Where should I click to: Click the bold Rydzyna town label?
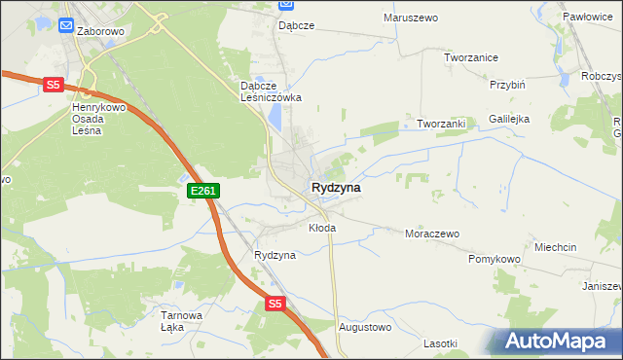click(337, 187)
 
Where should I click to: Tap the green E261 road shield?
click(202, 192)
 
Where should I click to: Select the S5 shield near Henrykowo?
click(53, 86)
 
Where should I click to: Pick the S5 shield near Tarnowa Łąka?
click(275, 305)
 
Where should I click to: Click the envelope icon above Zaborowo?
click(65, 25)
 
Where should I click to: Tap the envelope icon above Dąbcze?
click(286, 5)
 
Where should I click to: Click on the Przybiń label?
click(508, 85)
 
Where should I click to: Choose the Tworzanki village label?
click(443, 124)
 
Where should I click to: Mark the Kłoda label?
click(322, 228)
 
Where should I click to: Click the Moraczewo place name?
click(431, 234)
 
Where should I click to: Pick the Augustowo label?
click(364, 327)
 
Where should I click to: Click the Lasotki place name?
click(440, 343)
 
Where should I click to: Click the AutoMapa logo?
click(558, 340)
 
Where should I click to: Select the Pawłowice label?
click(593, 18)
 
